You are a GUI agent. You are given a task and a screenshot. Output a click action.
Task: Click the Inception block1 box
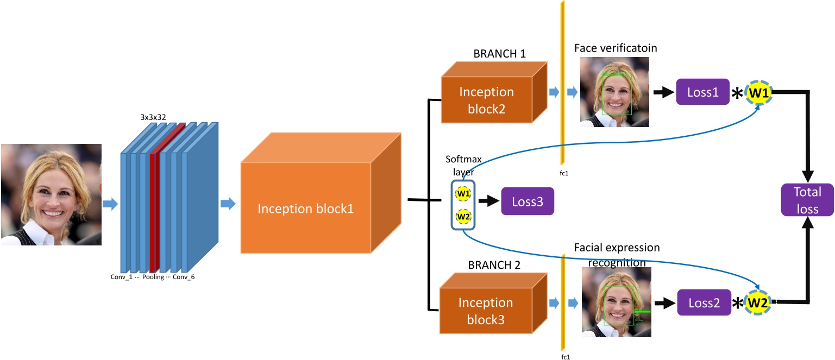[x=305, y=207]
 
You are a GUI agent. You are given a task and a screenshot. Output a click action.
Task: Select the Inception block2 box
[x=486, y=100]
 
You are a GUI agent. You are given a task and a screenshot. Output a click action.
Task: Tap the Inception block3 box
[x=486, y=311]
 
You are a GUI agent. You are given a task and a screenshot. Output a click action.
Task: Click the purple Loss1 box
[x=702, y=92]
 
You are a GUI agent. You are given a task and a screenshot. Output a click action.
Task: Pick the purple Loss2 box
[x=704, y=302]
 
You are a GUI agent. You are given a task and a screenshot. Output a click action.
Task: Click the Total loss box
[x=807, y=200]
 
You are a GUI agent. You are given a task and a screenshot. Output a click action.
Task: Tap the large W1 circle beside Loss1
[x=758, y=93]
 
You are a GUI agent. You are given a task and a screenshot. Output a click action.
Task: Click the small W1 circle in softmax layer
[x=463, y=193]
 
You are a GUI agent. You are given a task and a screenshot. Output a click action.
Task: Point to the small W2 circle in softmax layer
[x=463, y=217]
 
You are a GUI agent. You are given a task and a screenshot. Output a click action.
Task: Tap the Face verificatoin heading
[x=615, y=48]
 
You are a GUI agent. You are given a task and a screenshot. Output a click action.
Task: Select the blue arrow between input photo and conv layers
[x=110, y=204]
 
